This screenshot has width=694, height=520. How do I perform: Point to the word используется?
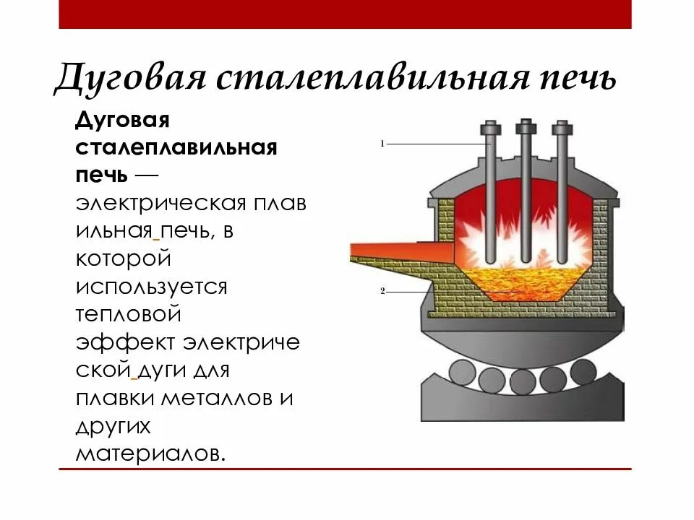coord(151,287)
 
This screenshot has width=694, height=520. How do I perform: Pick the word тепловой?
coord(127,315)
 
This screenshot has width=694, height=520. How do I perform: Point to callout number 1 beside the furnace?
coord(382,144)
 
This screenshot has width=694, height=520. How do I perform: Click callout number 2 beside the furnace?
coord(382,291)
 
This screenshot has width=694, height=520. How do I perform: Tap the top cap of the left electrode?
coord(490,129)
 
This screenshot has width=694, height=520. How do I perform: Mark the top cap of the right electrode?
coord(561,129)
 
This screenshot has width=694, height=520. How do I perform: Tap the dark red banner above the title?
coord(345,14)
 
